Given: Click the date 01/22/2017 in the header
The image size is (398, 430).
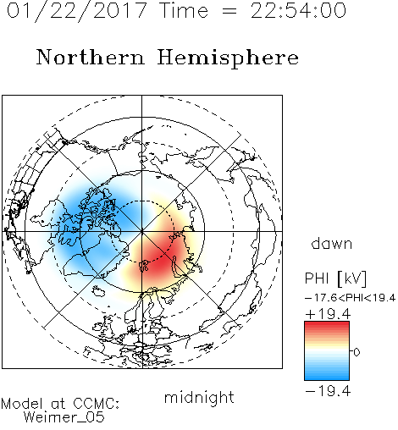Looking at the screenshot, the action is pos(77,11).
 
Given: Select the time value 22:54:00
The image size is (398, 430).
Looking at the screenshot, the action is pos(298,11).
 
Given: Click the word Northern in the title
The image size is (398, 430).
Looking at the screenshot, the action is pos(91,58).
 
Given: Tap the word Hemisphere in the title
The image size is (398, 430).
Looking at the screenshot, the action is pos(228,58).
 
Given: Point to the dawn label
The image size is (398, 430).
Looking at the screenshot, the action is pos(332,243).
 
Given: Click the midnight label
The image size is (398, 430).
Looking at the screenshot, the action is pos(199,397).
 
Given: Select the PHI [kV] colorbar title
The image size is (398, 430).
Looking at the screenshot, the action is pos(335,278).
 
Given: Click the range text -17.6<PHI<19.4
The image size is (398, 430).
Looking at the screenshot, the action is pos(350,298).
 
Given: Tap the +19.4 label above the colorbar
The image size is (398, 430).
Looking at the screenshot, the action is pos(328,314).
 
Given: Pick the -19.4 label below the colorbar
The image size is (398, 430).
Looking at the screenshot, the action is pos(328,391).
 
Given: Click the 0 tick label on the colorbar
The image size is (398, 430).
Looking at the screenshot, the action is pos(357,352).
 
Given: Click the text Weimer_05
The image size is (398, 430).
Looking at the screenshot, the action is pos(64,417).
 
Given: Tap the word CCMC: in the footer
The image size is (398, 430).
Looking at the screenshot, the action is pos(96,404).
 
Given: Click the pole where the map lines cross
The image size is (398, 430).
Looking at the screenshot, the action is pos(141,232).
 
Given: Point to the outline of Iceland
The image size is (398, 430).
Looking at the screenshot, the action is pos(98,291).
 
